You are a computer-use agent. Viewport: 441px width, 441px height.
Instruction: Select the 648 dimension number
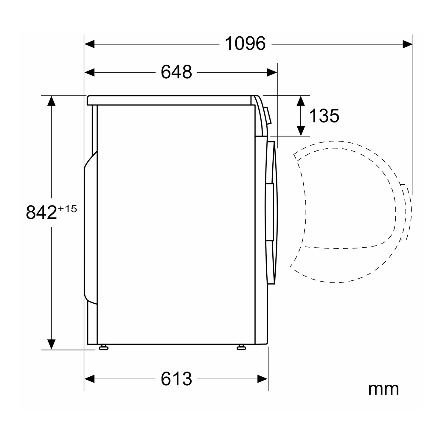[x=176, y=72]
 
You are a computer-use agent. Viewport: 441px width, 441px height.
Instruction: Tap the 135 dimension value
[x=324, y=116]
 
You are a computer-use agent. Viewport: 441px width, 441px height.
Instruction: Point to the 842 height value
[x=41, y=212]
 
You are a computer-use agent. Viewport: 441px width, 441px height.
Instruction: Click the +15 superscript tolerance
[x=67, y=209]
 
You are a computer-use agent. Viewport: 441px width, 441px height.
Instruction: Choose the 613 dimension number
[x=176, y=379]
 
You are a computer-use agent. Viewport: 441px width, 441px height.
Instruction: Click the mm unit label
[x=383, y=389]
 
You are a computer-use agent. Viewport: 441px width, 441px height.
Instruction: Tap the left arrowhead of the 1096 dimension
[x=90, y=44]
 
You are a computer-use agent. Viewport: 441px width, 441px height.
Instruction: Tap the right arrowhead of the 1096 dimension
[x=407, y=44]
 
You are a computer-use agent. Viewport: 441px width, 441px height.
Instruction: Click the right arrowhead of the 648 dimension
[x=272, y=72]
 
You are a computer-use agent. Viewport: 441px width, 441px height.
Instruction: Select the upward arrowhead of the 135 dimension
[x=301, y=101]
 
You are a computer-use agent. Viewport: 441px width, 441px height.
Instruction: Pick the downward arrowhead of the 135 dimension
[x=301, y=131]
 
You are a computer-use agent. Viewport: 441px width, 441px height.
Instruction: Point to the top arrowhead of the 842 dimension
[x=52, y=101]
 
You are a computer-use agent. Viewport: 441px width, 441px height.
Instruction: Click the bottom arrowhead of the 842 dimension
[x=52, y=344]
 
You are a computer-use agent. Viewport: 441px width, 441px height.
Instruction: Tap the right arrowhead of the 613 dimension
[x=263, y=379]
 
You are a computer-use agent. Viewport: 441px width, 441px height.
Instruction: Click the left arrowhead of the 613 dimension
[x=90, y=379]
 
